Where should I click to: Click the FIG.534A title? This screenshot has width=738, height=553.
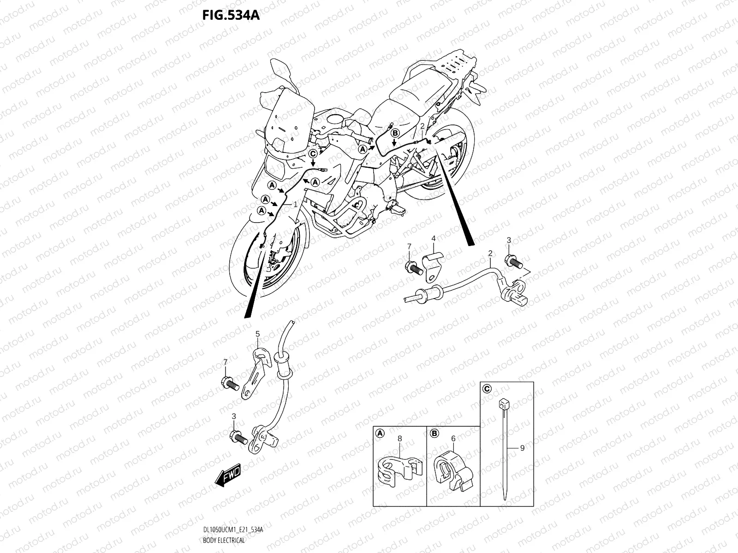coord(231,16)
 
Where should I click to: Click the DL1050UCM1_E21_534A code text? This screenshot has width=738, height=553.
coord(232,530)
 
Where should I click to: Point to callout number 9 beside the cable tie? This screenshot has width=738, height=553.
coord(522,447)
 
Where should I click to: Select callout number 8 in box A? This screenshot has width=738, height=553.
coord(399,439)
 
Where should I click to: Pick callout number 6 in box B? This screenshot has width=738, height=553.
coord(453,439)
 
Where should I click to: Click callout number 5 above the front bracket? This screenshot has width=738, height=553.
coord(257,334)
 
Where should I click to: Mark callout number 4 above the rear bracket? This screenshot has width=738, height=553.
coord(434,238)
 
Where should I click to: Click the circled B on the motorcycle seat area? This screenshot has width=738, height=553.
coord(394,133)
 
